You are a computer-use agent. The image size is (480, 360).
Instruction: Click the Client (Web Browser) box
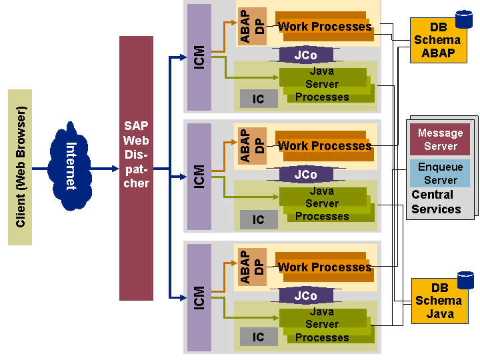(x=20, y=166)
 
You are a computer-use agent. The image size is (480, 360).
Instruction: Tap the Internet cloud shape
(x=71, y=166)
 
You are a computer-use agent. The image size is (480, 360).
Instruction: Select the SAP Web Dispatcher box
(x=136, y=168)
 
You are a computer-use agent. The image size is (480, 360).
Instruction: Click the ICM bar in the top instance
(x=199, y=57)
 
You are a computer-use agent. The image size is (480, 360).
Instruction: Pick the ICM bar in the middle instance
(x=199, y=177)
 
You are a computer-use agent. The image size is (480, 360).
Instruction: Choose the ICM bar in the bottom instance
(x=199, y=297)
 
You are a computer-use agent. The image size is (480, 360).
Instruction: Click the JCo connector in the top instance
(x=305, y=55)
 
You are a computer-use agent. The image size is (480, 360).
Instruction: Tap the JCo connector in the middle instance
(x=305, y=175)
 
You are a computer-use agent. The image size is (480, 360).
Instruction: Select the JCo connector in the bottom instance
(x=305, y=295)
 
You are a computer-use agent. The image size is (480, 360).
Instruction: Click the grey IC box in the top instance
(x=259, y=99)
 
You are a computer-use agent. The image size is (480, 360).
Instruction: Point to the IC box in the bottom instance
(x=259, y=337)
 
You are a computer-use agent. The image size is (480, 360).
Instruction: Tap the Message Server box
(x=440, y=139)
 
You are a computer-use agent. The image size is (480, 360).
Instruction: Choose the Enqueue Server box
(x=440, y=173)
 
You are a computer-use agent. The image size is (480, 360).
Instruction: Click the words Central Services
(x=436, y=202)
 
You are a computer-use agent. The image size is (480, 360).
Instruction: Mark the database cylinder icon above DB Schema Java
(x=465, y=280)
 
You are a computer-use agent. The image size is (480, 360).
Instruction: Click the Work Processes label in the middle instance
(x=325, y=146)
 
